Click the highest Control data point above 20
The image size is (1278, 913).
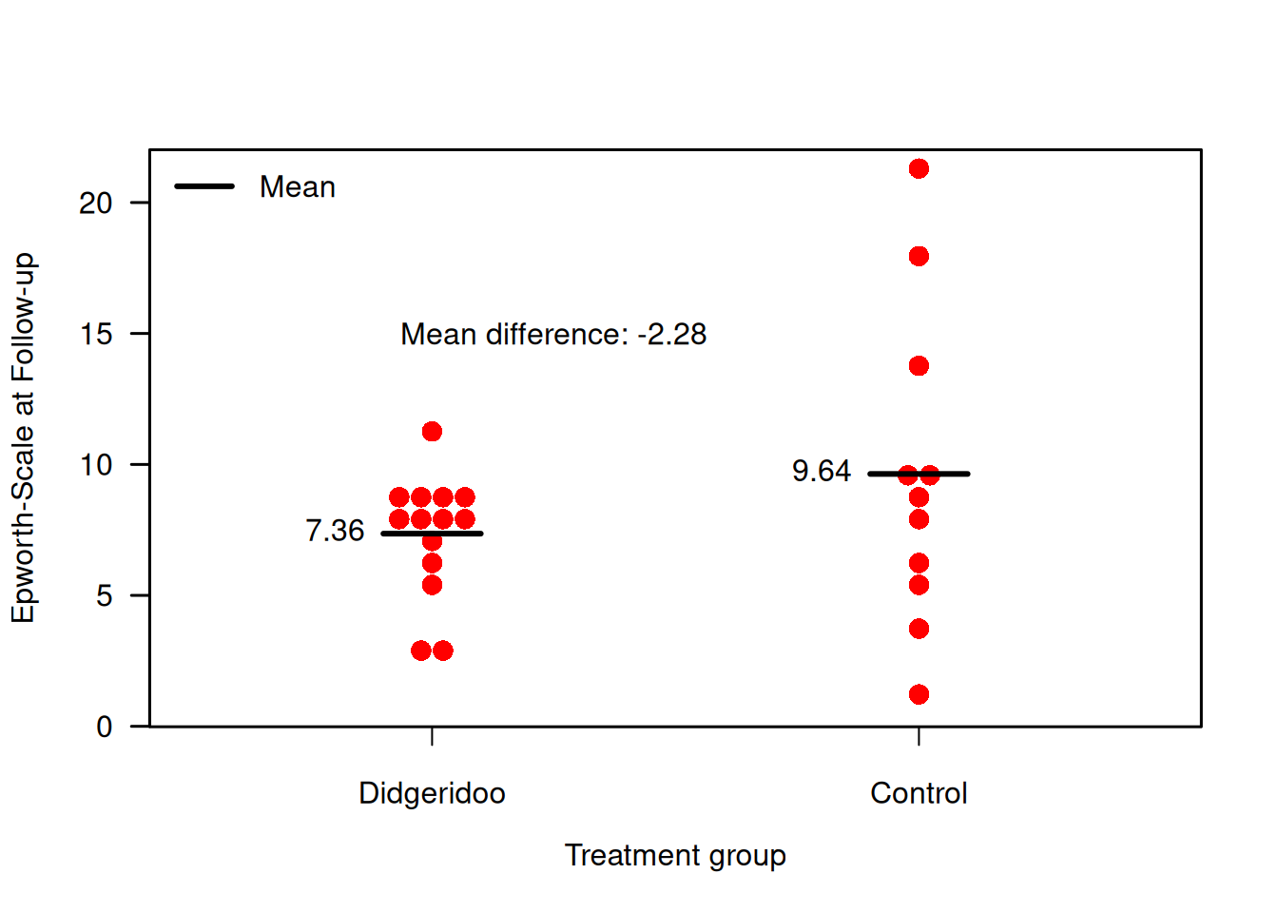click(x=919, y=169)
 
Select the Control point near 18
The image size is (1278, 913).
click(x=919, y=256)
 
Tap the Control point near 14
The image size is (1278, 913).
click(x=919, y=366)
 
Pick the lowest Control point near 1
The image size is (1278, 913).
click(x=919, y=694)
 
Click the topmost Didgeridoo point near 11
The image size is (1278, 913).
click(x=432, y=432)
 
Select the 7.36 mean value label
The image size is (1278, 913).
click(x=335, y=531)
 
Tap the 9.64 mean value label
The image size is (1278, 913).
click(x=822, y=471)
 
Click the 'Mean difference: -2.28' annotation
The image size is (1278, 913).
click(x=553, y=335)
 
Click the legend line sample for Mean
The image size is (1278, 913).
click(x=204, y=186)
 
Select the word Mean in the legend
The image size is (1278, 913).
click(x=298, y=187)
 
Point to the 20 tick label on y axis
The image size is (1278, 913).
click(x=96, y=203)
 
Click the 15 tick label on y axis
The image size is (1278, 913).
click(x=96, y=334)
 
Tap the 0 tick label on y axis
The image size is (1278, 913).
click(x=105, y=727)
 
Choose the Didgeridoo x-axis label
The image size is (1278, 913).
click(x=432, y=793)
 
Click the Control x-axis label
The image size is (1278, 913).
click(x=919, y=793)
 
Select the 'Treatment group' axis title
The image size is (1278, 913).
click(x=675, y=855)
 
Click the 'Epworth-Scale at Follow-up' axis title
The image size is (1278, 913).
click(x=23, y=437)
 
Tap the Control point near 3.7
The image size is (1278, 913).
click(x=919, y=629)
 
